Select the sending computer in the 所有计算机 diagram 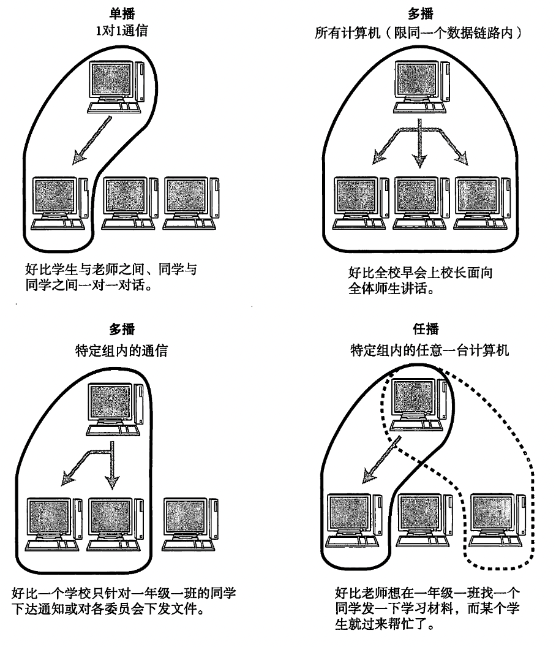(420, 86)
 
